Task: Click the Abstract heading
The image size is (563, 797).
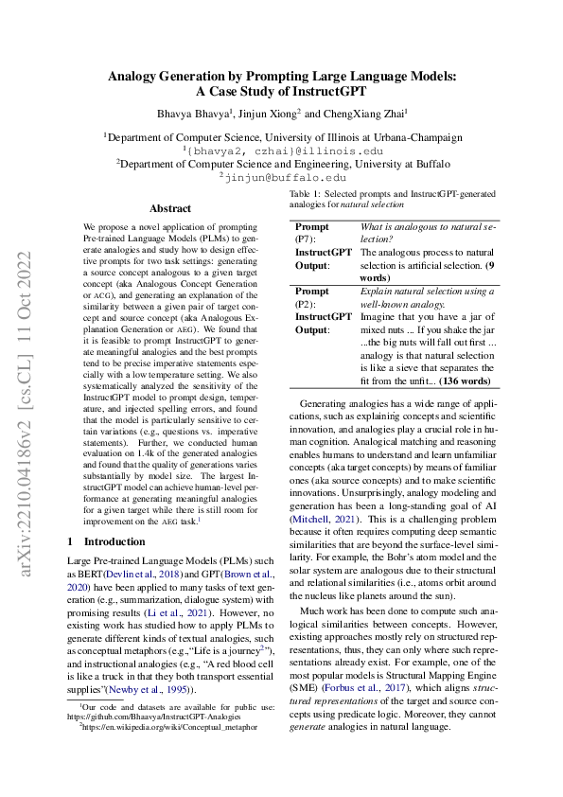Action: [170, 208]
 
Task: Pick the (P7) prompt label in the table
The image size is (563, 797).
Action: [306, 241]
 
